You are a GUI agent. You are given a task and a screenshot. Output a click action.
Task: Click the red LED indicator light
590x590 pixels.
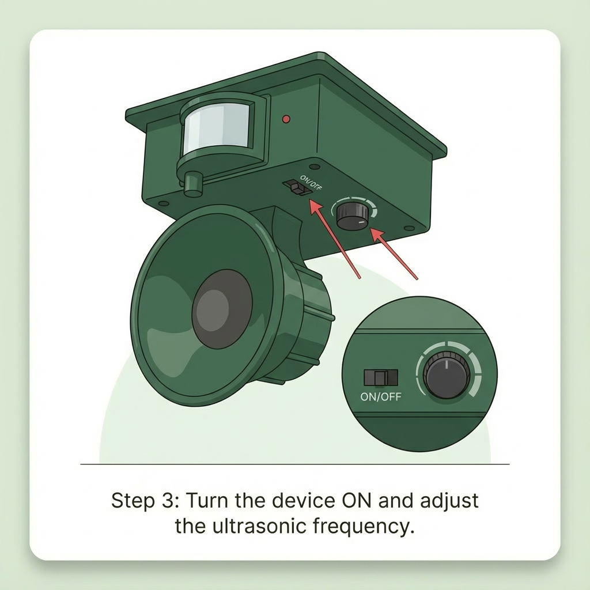[x=286, y=119]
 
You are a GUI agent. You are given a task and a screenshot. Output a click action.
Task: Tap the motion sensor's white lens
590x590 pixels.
[x=217, y=128]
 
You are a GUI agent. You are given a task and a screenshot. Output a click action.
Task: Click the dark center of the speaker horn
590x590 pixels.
[x=222, y=309]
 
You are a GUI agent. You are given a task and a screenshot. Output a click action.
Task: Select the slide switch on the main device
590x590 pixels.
[x=297, y=187]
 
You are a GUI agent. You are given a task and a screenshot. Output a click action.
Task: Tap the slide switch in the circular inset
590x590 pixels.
[x=380, y=377]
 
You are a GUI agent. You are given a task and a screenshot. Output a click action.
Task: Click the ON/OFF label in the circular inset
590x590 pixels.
[x=381, y=396]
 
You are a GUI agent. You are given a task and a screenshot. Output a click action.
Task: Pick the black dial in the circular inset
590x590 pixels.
[x=447, y=375]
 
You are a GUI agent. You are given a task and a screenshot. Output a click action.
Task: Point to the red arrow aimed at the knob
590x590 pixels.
[x=394, y=254]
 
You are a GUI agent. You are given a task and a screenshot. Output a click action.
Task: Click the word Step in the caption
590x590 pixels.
[x=133, y=501]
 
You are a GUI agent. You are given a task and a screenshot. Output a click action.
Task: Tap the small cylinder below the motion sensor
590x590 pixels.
[x=193, y=184]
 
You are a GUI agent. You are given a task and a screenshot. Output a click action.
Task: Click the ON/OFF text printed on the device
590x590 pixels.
[x=311, y=183]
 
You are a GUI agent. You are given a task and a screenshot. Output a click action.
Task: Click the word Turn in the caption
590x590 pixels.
[x=207, y=501]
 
